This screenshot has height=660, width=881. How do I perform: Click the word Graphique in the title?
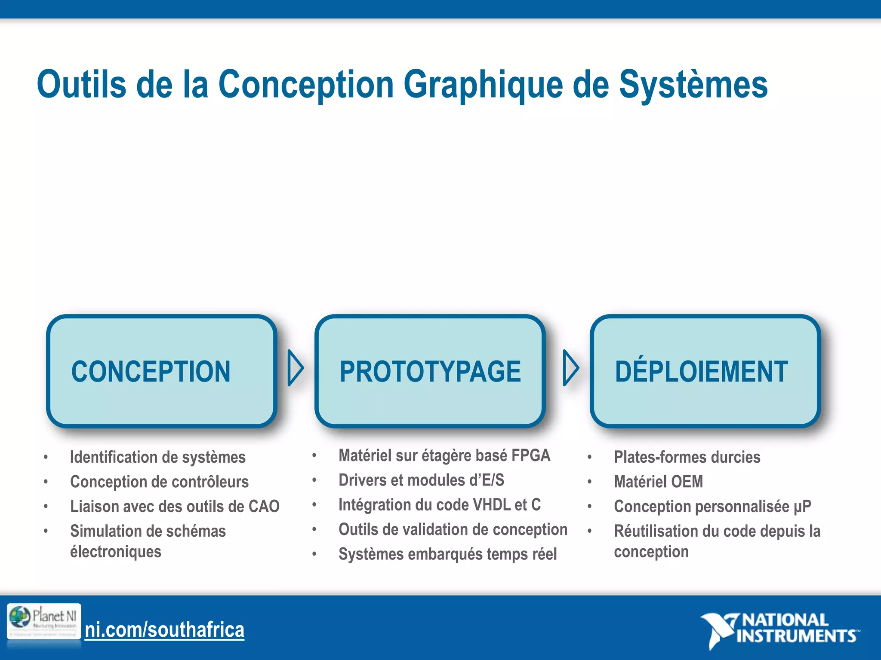point(483,85)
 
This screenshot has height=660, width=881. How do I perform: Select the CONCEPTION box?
point(161,371)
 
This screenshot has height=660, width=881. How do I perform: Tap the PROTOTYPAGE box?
point(430,371)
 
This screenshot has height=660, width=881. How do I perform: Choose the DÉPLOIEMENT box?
point(705,371)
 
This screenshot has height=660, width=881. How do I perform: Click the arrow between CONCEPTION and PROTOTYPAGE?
point(296,368)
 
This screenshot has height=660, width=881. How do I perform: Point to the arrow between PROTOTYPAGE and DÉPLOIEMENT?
point(571,368)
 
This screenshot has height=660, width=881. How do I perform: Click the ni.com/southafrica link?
point(164,630)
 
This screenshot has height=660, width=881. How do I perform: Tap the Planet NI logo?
point(44,621)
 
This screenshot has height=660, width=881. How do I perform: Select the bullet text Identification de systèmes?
point(157,457)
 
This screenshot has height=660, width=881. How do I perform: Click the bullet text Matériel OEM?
point(658,482)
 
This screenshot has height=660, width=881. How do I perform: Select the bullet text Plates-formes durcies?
point(687,457)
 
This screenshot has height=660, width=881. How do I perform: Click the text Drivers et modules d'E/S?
point(421,480)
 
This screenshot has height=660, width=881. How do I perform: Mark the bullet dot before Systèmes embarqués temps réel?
point(314,554)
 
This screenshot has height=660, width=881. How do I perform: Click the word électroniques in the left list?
point(116,552)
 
